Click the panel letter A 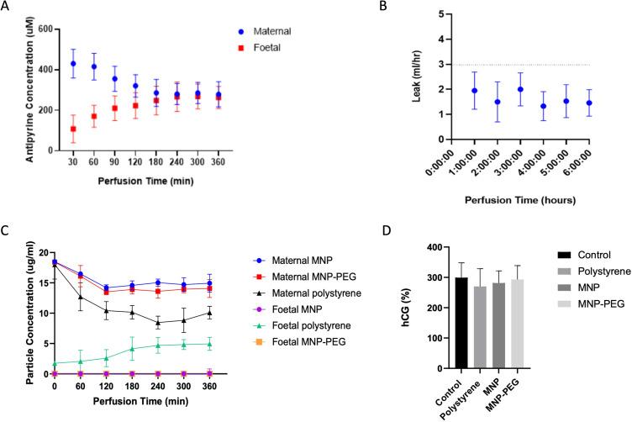pyautogui.click(x=7, y=7)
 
